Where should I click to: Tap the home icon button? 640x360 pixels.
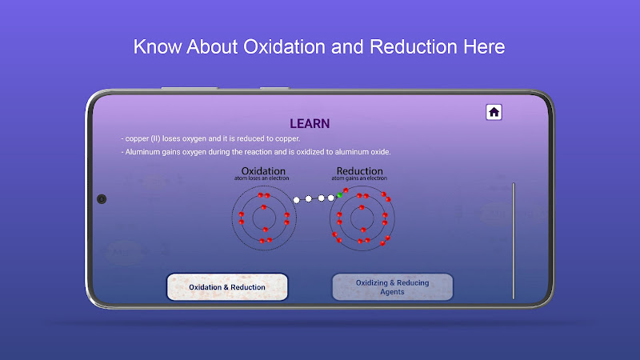tap(494, 112)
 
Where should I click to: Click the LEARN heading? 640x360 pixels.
tap(310, 124)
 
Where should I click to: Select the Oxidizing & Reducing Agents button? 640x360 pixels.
tap(392, 287)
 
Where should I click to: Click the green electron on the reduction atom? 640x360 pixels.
tap(339, 195)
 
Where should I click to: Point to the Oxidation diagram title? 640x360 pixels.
tap(263, 170)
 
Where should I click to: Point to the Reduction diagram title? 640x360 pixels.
tap(359, 170)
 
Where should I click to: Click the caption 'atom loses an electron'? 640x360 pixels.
tap(262, 178)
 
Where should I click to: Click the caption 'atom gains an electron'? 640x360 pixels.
tap(359, 178)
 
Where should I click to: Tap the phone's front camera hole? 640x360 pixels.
tap(102, 198)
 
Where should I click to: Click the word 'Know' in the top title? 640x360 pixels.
tap(157, 46)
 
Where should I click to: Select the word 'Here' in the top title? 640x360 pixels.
tap(484, 46)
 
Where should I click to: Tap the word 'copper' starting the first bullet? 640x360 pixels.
tap(137, 138)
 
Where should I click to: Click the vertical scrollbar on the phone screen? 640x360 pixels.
tap(514, 241)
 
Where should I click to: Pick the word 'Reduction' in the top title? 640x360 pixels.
tap(414, 46)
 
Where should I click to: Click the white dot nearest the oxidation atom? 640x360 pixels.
tap(297, 200)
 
